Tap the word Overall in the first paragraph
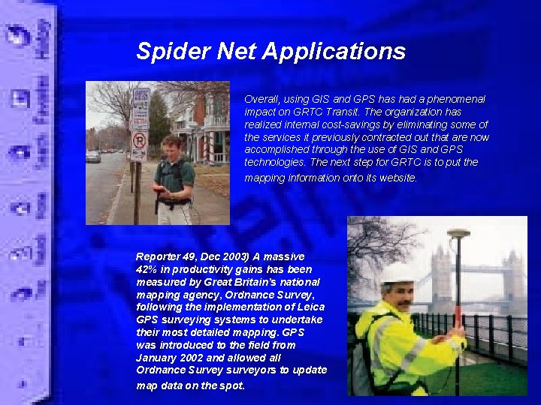click(x=261, y=99)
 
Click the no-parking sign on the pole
click(x=140, y=140)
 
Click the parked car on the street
click(x=93, y=156)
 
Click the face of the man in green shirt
click(x=171, y=148)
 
